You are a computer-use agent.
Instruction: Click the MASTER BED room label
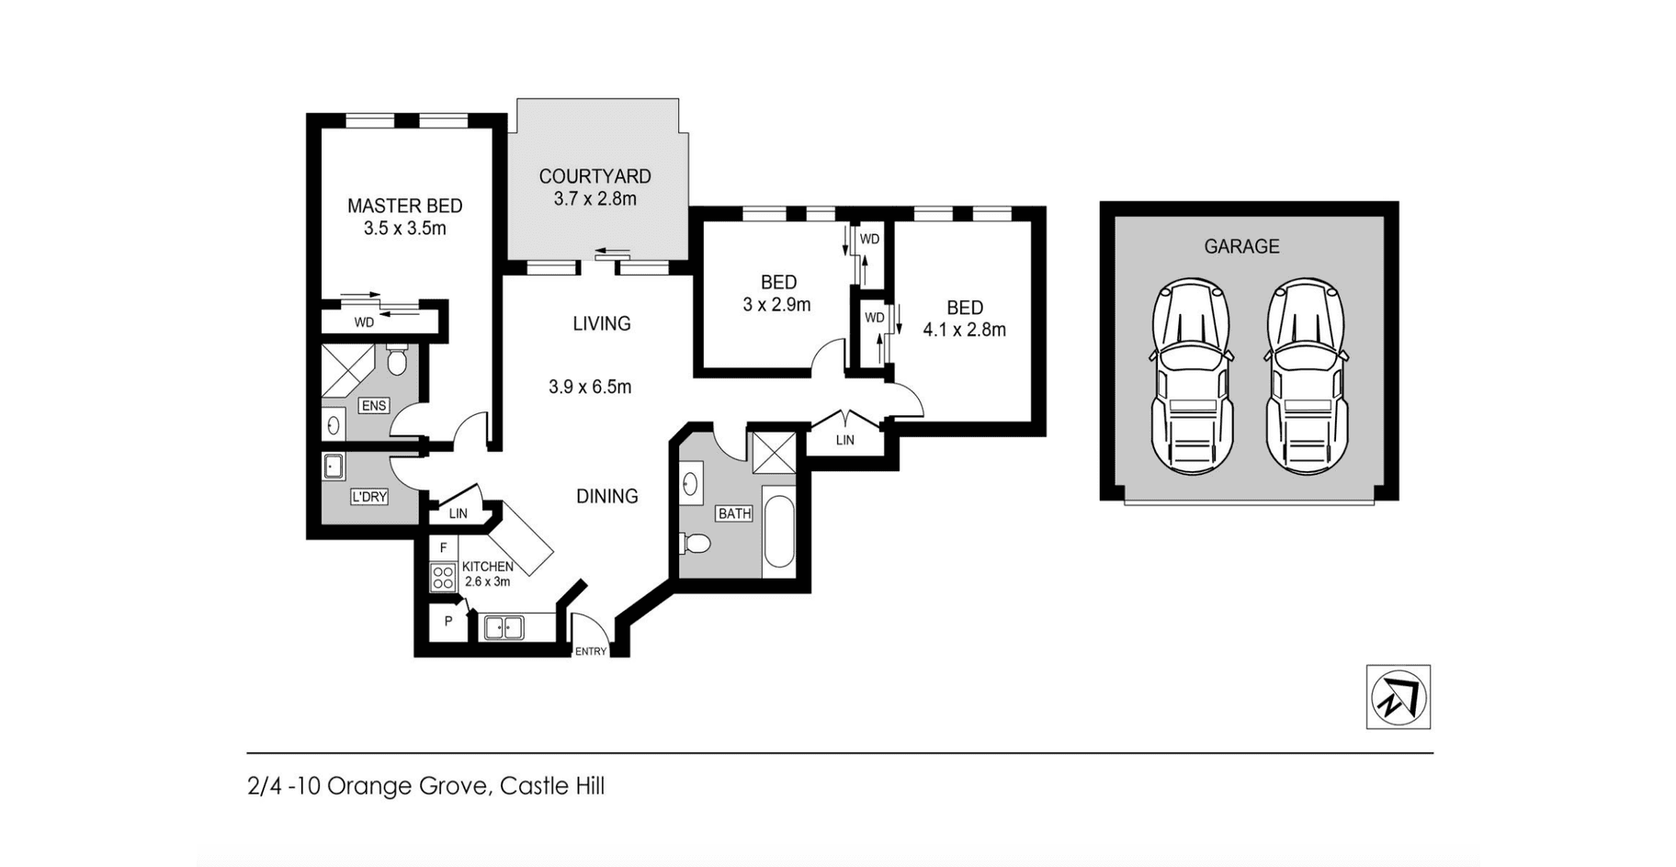click(404, 206)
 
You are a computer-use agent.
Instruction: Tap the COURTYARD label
click(595, 176)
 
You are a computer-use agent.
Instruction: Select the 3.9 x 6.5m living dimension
click(590, 387)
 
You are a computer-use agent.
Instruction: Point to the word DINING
click(607, 496)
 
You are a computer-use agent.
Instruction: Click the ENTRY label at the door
click(591, 652)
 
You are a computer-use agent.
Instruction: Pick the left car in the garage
click(1193, 377)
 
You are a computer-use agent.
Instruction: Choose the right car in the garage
click(1307, 377)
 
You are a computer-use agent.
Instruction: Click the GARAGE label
click(1241, 246)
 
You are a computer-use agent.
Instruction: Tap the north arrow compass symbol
click(1398, 697)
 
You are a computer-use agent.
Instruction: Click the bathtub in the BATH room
click(779, 533)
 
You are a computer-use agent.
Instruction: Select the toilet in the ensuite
click(397, 360)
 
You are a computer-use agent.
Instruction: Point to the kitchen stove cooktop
click(443, 578)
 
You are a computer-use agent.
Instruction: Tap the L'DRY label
click(369, 497)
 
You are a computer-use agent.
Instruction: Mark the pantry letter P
click(448, 622)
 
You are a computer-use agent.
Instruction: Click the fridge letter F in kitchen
click(443, 548)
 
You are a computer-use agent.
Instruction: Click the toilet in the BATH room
click(695, 544)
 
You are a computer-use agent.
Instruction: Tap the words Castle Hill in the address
click(552, 786)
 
